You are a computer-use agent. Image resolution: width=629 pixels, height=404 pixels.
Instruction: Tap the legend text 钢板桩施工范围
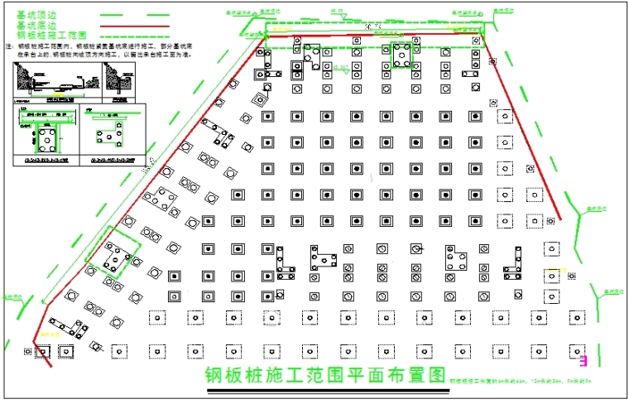pos(51,35)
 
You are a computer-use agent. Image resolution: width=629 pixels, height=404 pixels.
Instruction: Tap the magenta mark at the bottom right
pos(583,360)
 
